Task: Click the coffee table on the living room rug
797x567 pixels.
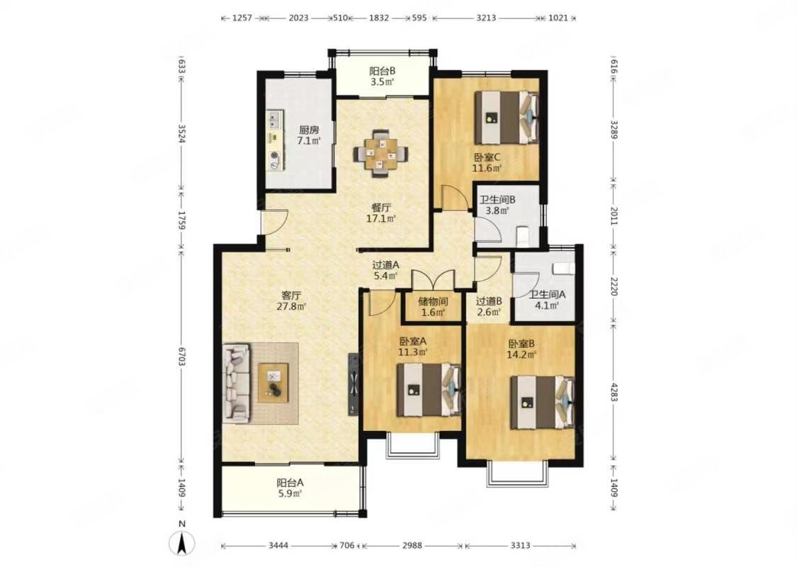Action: (273, 383)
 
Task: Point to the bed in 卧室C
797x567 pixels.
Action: (507, 117)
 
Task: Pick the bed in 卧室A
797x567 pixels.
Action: (429, 390)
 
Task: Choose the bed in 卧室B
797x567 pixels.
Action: (543, 403)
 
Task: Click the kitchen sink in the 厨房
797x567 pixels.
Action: (274, 120)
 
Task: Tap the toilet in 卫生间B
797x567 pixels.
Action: (523, 236)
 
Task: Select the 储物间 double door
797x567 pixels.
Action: (433, 280)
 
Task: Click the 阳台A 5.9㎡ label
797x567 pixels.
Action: (290, 488)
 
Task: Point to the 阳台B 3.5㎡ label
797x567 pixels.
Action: (383, 77)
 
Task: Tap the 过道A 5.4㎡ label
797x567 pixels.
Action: (386, 270)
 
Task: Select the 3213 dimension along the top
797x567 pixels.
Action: (486, 18)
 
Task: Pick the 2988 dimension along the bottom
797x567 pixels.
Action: (412, 546)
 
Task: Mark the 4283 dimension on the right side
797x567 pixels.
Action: (614, 392)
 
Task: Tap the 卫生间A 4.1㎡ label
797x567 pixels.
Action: (547, 300)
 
